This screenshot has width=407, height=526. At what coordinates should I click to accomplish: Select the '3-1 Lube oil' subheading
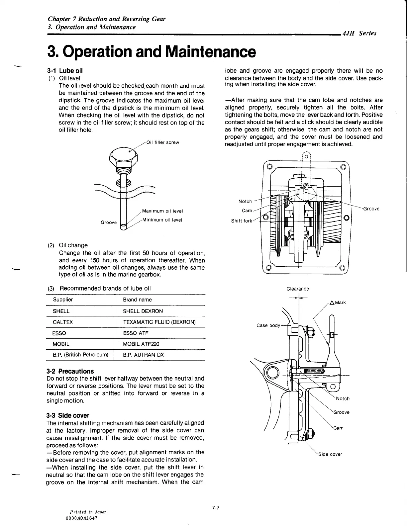(65, 70)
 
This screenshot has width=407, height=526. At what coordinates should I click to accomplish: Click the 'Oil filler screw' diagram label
(162, 142)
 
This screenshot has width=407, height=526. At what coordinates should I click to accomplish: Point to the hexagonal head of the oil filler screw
(123, 156)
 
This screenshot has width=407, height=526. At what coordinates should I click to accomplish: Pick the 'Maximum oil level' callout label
(162, 211)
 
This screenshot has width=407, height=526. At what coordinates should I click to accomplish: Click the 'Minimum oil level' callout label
(162, 220)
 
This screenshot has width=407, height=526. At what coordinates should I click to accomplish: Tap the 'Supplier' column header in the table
(63, 300)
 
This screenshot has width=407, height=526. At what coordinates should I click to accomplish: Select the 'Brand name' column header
(137, 300)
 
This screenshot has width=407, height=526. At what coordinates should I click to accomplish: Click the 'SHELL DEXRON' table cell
(143, 311)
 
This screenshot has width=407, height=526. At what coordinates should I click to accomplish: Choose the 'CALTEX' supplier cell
(62, 322)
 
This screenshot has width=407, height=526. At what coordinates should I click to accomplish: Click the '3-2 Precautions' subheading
(70, 371)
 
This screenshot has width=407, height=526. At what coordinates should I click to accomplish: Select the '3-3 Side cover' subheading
(68, 415)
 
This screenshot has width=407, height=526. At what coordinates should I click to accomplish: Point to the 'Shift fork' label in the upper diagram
(242, 221)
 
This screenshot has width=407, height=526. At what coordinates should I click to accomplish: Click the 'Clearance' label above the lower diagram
(298, 289)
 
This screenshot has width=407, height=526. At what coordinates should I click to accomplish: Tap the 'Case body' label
(268, 325)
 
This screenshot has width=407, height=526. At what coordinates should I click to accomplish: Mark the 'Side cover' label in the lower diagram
(330, 454)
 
